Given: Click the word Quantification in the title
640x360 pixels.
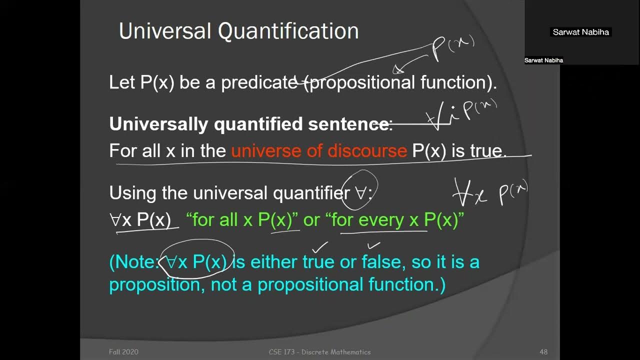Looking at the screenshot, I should pyautogui.click(x=288, y=31).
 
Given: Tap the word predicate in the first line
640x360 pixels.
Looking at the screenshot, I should pyautogui.click(x=259, y=82).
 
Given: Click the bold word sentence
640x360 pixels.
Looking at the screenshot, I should pyautogui.click(x=349, y=124).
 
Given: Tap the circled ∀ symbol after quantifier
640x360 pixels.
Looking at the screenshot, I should pyautogui.click(x=360, y=193).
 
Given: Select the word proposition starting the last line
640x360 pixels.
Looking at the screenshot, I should pyautogui.click(x=155, y=284).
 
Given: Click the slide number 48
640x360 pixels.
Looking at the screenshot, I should pyautogui.click(x=543, y=352).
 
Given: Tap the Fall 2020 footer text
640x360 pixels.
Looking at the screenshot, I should pyautogui.click(x=123, y=352).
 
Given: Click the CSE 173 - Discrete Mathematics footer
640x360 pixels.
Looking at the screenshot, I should pyautogui.click(x=319, y=352).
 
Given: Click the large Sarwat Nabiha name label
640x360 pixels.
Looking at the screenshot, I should pyautogui.click(x=580, y=32).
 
